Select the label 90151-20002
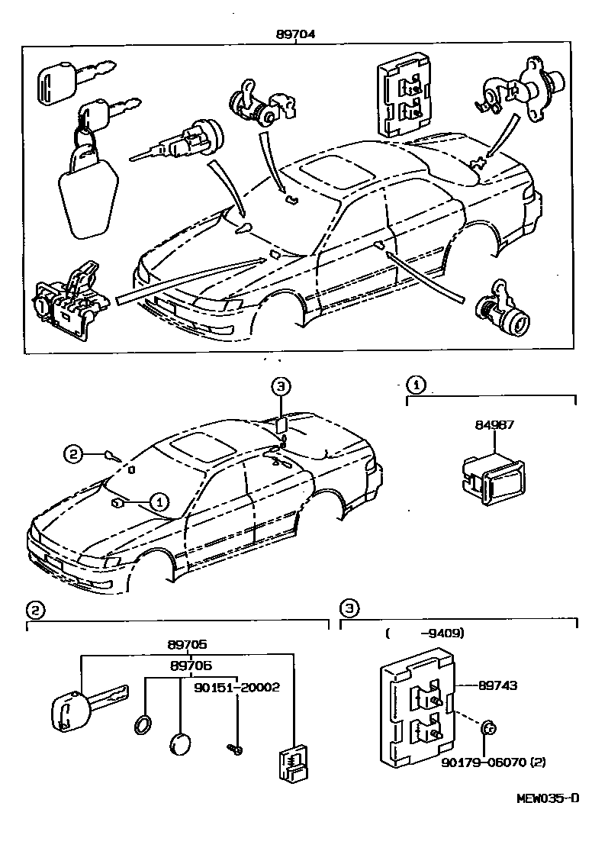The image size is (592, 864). pyautogui.click(x=236, y=687)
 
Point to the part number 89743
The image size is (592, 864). pyautogui.click(x=497, y=685)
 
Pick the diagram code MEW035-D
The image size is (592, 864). pyautogui.click(x=547, y=798)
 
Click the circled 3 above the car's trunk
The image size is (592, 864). pyautogui.click(x=280, y=387)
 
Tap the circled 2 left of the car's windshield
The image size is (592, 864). pyautogui.click(x=72, y=455)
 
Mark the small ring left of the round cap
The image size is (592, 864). pyautogui.click(x=143, y=724)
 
